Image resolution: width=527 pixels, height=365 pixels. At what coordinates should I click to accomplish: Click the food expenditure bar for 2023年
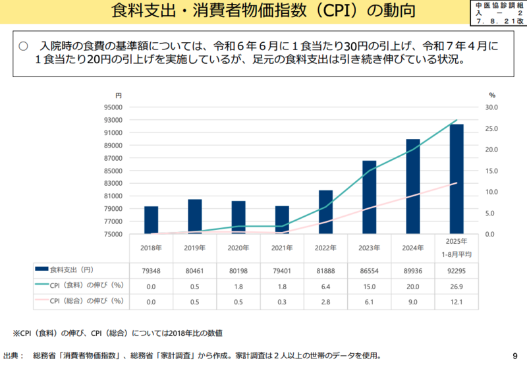369,198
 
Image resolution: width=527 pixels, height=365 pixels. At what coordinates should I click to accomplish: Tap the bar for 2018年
151,220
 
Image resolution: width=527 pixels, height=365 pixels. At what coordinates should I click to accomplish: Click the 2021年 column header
282,248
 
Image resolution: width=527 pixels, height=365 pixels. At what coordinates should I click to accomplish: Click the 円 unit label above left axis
119,96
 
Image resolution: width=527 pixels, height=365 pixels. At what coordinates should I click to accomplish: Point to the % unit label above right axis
491,96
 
